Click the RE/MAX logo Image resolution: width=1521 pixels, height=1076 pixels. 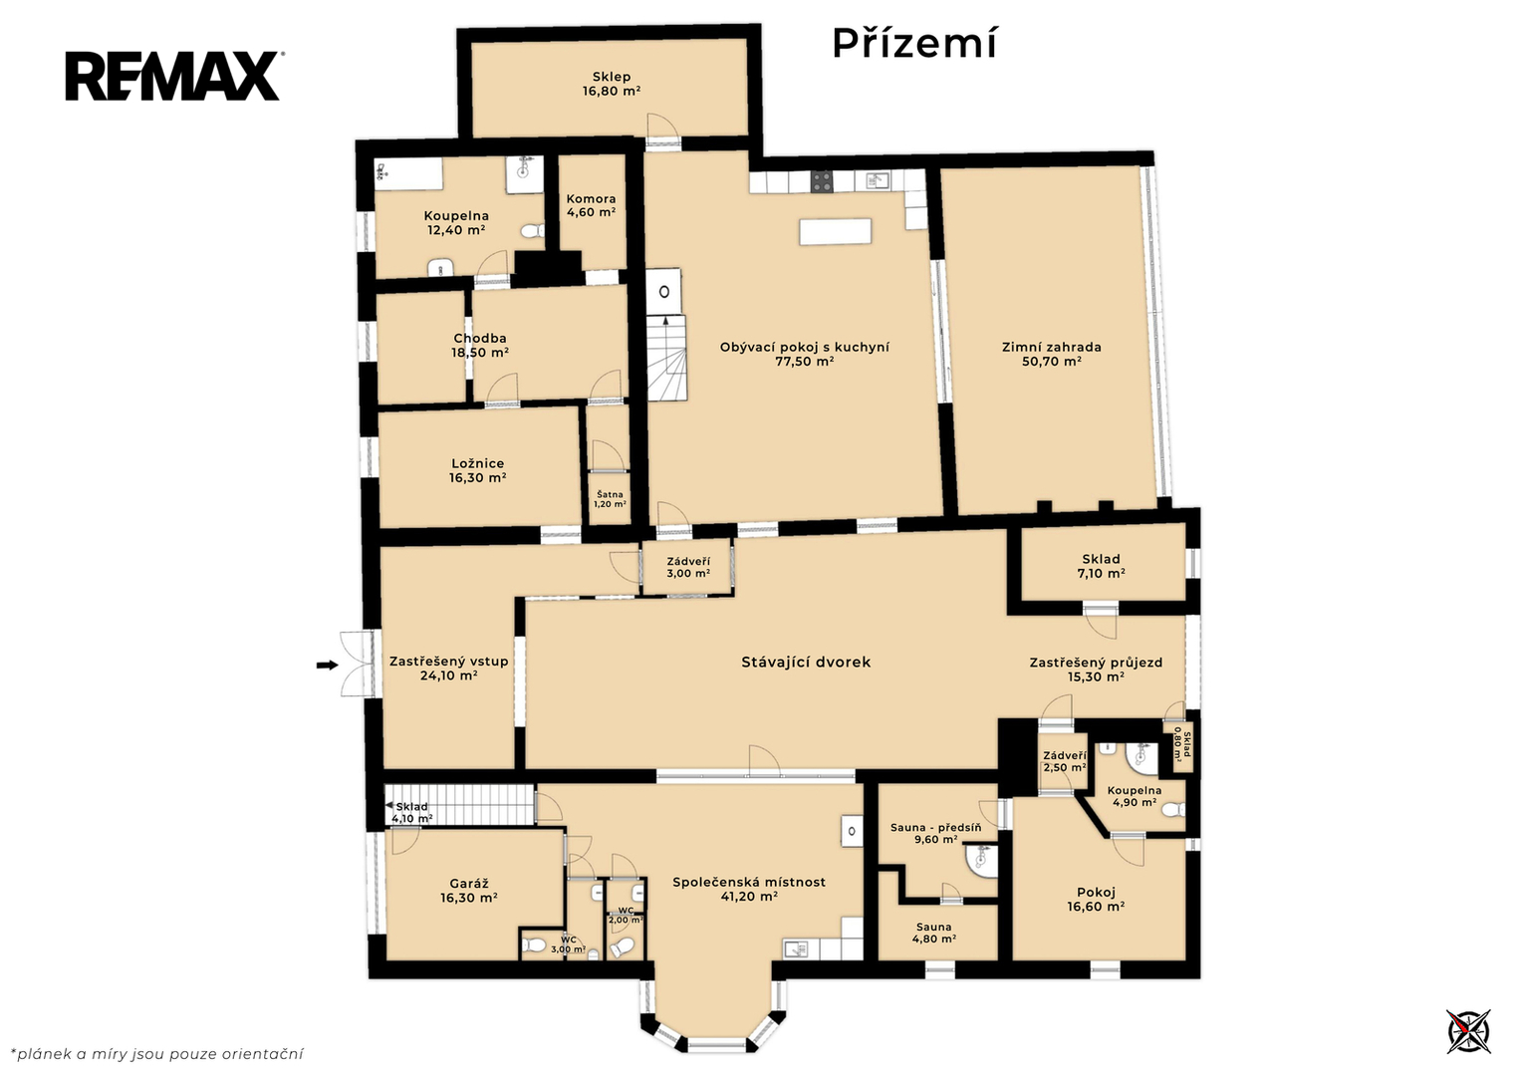tap(174, 76)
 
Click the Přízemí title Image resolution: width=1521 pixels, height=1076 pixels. tap(914, 44)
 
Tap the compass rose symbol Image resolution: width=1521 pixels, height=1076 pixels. tap(1468, 1031)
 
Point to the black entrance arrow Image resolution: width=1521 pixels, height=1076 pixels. tap(328, 666)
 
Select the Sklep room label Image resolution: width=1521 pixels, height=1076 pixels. tap(612, 77)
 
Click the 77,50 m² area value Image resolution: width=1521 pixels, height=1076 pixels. tap(805, 362)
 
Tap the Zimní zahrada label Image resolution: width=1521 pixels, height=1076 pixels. tap(1052, 347)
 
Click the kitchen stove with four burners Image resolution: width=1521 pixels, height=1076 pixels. tap(821, 181)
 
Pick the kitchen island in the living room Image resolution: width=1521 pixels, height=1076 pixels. tap(835, 231)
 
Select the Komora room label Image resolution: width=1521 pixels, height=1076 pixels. tap(591, 199)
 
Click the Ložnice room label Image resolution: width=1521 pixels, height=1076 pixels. tap(478, 463)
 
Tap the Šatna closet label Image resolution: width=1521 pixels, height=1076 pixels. tap(610, 494)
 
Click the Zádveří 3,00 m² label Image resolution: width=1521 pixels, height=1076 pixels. tap(688, 567)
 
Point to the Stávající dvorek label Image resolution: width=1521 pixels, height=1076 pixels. tap(806, 662)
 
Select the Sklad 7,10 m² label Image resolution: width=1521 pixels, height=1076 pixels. tap(1101, 566)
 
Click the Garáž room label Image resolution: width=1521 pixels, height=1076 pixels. tap(469, 884)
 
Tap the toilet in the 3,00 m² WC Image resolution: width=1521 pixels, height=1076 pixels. tap(534, 944)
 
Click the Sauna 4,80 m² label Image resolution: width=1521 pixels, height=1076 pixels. tap(933, 933)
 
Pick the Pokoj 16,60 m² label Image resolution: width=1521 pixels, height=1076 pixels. tap(1096, 900)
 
